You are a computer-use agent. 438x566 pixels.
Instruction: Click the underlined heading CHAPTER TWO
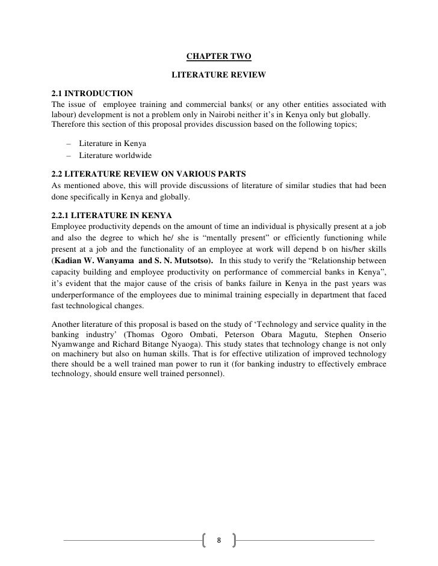pos(218,57)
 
